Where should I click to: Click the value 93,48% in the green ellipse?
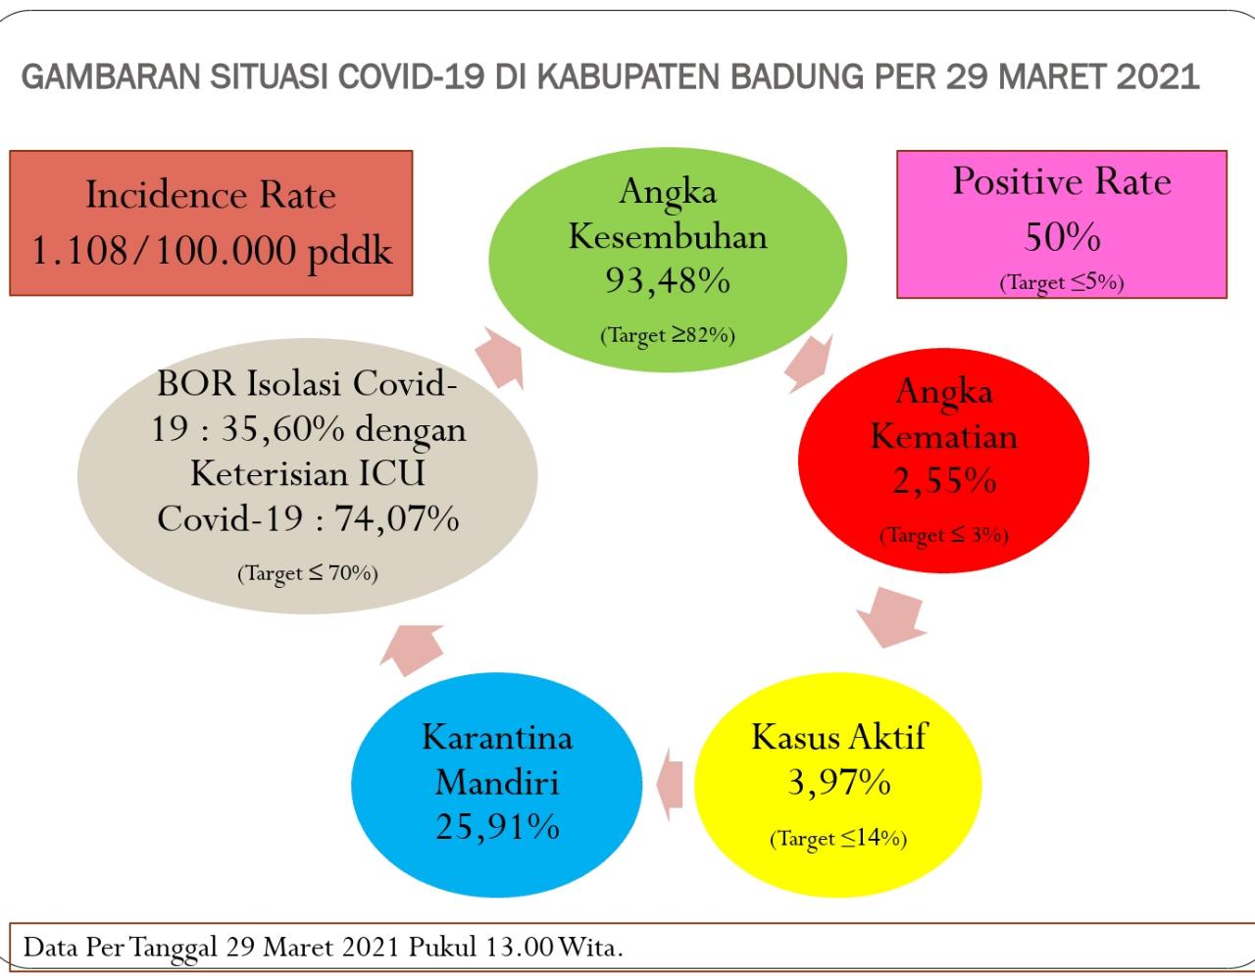coord(668,281)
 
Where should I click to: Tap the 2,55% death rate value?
coord(944,480)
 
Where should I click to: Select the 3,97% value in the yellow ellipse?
coord(838,783)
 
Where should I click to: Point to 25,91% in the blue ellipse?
coord(497,826)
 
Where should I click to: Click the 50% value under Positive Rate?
coord(1062,236)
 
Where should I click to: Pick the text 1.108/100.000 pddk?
coord(212,251)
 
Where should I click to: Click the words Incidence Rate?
coord(212,194)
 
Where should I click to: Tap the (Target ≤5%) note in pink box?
coord(1062,283)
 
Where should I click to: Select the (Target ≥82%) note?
coord(668,335)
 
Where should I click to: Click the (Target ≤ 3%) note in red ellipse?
coord(944,535)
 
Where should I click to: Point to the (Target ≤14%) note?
coord(838,839)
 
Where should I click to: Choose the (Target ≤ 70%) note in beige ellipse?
coord(307,573)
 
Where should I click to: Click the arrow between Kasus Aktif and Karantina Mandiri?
coord(670,785)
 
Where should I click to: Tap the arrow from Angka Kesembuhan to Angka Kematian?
coord(809,364)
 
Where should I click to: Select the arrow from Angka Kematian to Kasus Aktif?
coord(891,617)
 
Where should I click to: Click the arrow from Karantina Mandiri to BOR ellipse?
coord(411,650)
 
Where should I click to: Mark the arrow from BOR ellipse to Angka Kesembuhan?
coord(500,358)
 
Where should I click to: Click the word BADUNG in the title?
coord(797,76)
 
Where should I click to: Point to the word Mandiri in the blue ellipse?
coord(497,783)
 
